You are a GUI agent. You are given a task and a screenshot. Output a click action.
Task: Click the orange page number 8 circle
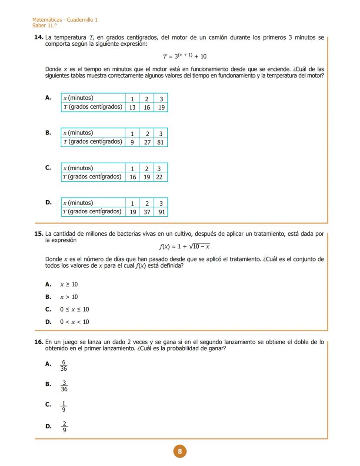[180, 451]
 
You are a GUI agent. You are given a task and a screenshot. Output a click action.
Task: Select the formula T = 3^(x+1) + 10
[184, 56]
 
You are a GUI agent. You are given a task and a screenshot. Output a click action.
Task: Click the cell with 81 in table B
[160, 142]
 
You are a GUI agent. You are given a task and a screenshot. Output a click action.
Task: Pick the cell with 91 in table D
[161, 212]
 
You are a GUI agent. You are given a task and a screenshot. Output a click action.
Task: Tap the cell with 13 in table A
[132, 107]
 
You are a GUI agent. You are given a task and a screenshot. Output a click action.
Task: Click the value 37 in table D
[147, 212]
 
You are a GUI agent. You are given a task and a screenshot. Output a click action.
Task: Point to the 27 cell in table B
[147, 142]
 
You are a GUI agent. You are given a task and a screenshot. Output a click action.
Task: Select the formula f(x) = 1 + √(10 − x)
[184, 246]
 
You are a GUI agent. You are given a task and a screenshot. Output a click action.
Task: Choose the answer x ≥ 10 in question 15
[69, 285]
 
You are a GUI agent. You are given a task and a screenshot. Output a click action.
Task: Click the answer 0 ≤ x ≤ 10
[74, 309]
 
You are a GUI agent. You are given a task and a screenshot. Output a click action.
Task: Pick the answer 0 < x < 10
[74, 322]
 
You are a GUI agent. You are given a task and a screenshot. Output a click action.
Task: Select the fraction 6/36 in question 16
[63, 365]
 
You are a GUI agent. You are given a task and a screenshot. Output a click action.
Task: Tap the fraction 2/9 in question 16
[64, 427]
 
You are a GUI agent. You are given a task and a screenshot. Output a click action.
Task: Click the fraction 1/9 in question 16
[63, 406]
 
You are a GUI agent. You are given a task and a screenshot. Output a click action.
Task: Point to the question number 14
[39, 38]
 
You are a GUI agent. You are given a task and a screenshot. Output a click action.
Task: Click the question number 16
[39, 342]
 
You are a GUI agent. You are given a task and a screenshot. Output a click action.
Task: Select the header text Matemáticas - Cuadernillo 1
[65, 20]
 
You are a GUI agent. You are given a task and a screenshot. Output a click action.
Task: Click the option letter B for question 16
[48, 384]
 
